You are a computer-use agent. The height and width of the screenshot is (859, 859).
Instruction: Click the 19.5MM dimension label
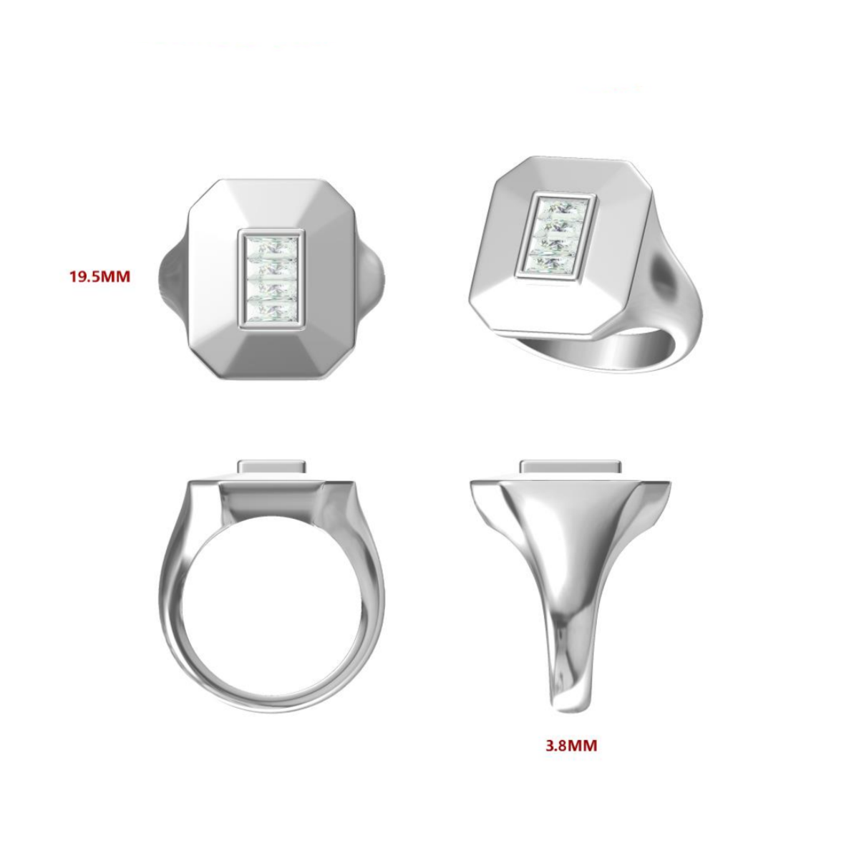[x=100, y=276]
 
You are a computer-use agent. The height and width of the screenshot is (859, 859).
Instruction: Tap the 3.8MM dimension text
[x=571, y=746]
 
